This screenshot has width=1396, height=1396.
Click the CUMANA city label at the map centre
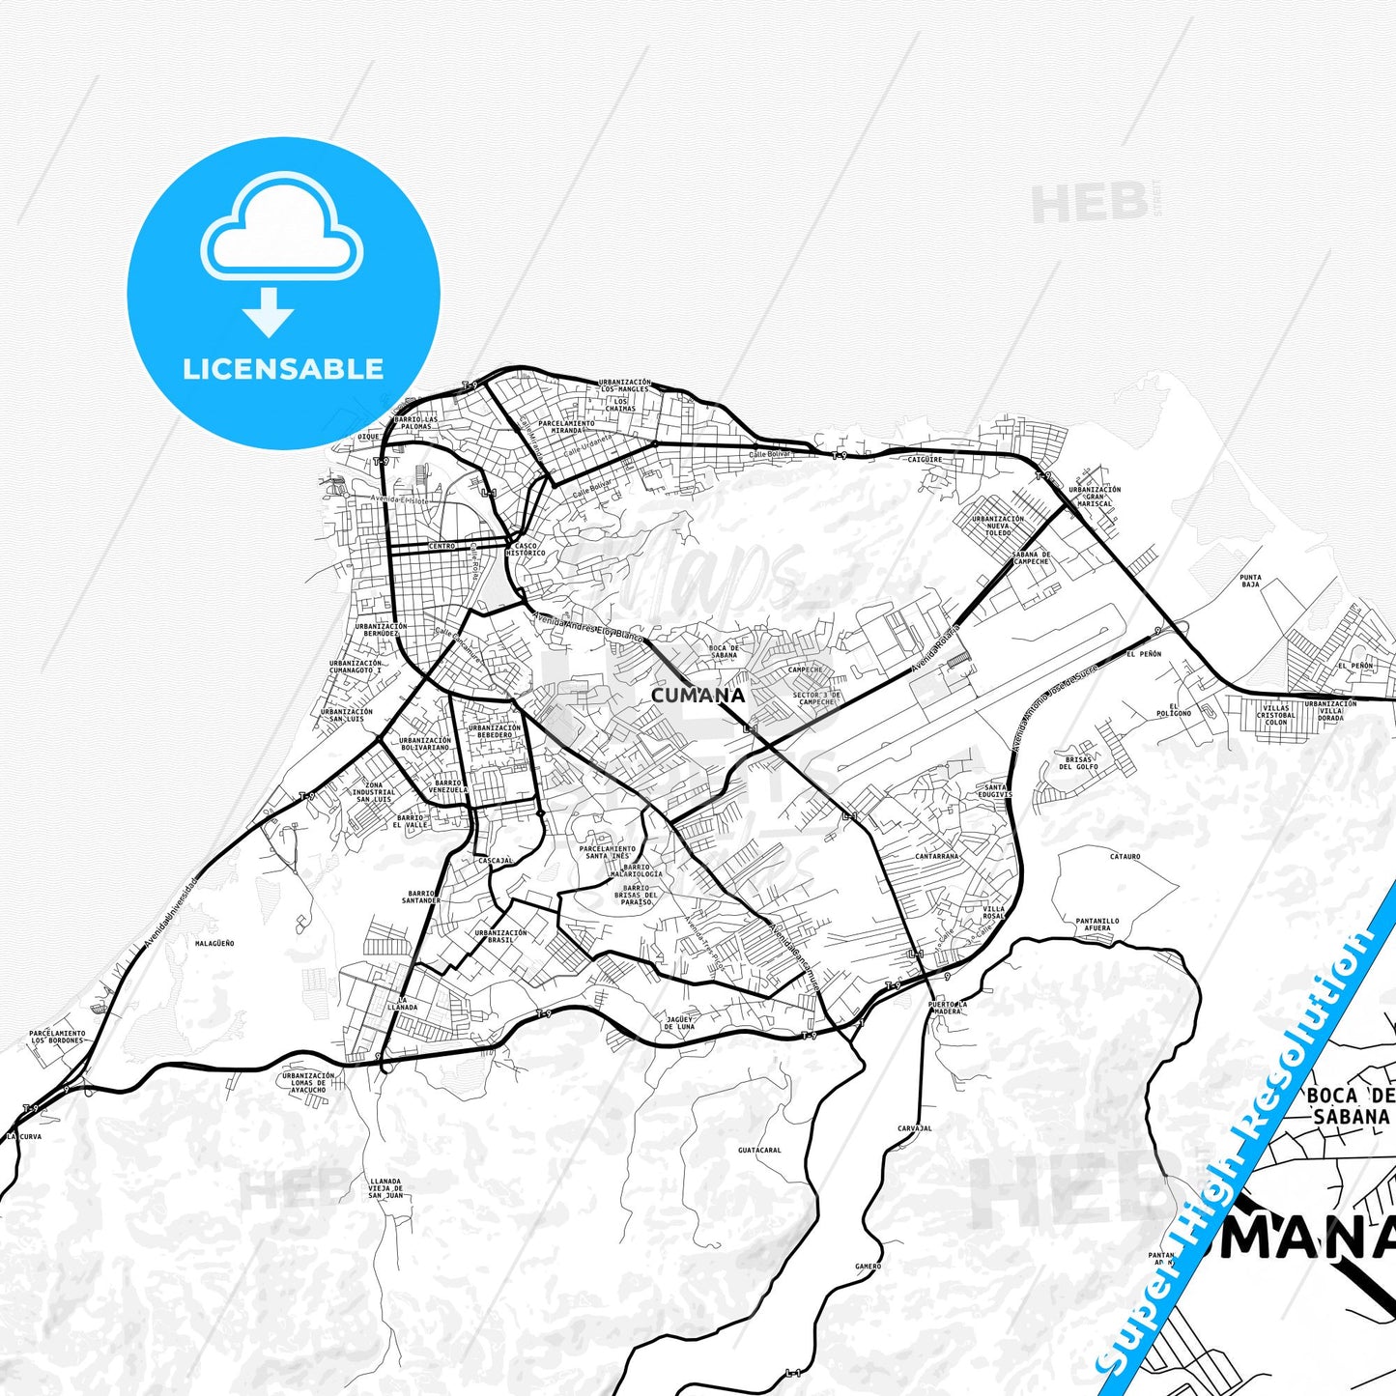698,695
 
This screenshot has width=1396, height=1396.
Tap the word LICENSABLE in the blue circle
283,368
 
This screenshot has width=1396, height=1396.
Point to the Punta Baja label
1250,581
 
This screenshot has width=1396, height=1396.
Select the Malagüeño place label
214,943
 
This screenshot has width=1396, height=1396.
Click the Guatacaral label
758,1150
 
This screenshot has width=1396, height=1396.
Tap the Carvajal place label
914,1128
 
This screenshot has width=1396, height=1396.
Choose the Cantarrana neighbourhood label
936,856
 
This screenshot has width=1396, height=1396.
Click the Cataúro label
1125,856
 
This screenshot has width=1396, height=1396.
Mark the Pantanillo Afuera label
1097,925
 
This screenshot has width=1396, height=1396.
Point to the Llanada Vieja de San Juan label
385,1188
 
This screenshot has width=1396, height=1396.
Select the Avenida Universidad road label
169,911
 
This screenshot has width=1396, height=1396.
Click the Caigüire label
925,460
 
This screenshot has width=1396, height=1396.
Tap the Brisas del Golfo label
1078,763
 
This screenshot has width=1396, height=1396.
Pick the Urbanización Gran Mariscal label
1095,497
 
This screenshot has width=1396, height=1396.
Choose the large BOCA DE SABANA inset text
1351,1106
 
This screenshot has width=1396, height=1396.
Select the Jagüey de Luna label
680,1022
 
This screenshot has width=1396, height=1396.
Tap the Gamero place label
868,1266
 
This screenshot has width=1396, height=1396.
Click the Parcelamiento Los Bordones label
57,1037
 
